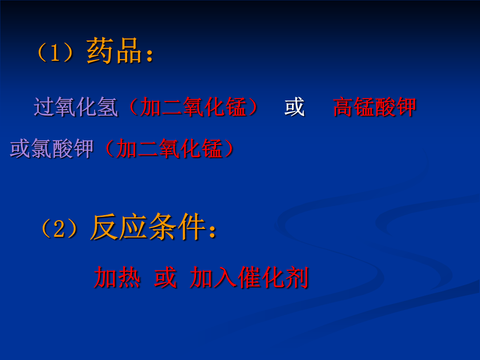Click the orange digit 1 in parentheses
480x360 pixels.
[x=55, y=52]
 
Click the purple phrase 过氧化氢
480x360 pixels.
[x=76, y=107]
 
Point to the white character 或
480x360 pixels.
[x=295, y=107]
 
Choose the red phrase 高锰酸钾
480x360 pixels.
[x=374, y=107]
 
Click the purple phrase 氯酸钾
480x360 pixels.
[x=62, y=149]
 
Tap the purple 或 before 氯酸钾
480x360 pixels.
[x=20, y=149]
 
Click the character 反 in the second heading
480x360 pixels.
[x=104, y=227]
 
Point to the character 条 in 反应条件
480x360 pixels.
[x=163, y=227]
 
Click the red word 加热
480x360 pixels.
[x=117, y=277]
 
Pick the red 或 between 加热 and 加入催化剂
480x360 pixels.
[x=165, y=277]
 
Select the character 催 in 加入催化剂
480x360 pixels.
[x=249, y=277]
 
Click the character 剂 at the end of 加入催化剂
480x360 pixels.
[x=296, y=277]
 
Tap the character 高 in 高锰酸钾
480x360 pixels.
[x=343, y=107]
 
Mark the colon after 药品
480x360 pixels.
[x=150, y=55]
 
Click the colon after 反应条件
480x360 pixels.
[x=212, y=231]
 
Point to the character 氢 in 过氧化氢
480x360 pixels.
[x=108, y=107]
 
